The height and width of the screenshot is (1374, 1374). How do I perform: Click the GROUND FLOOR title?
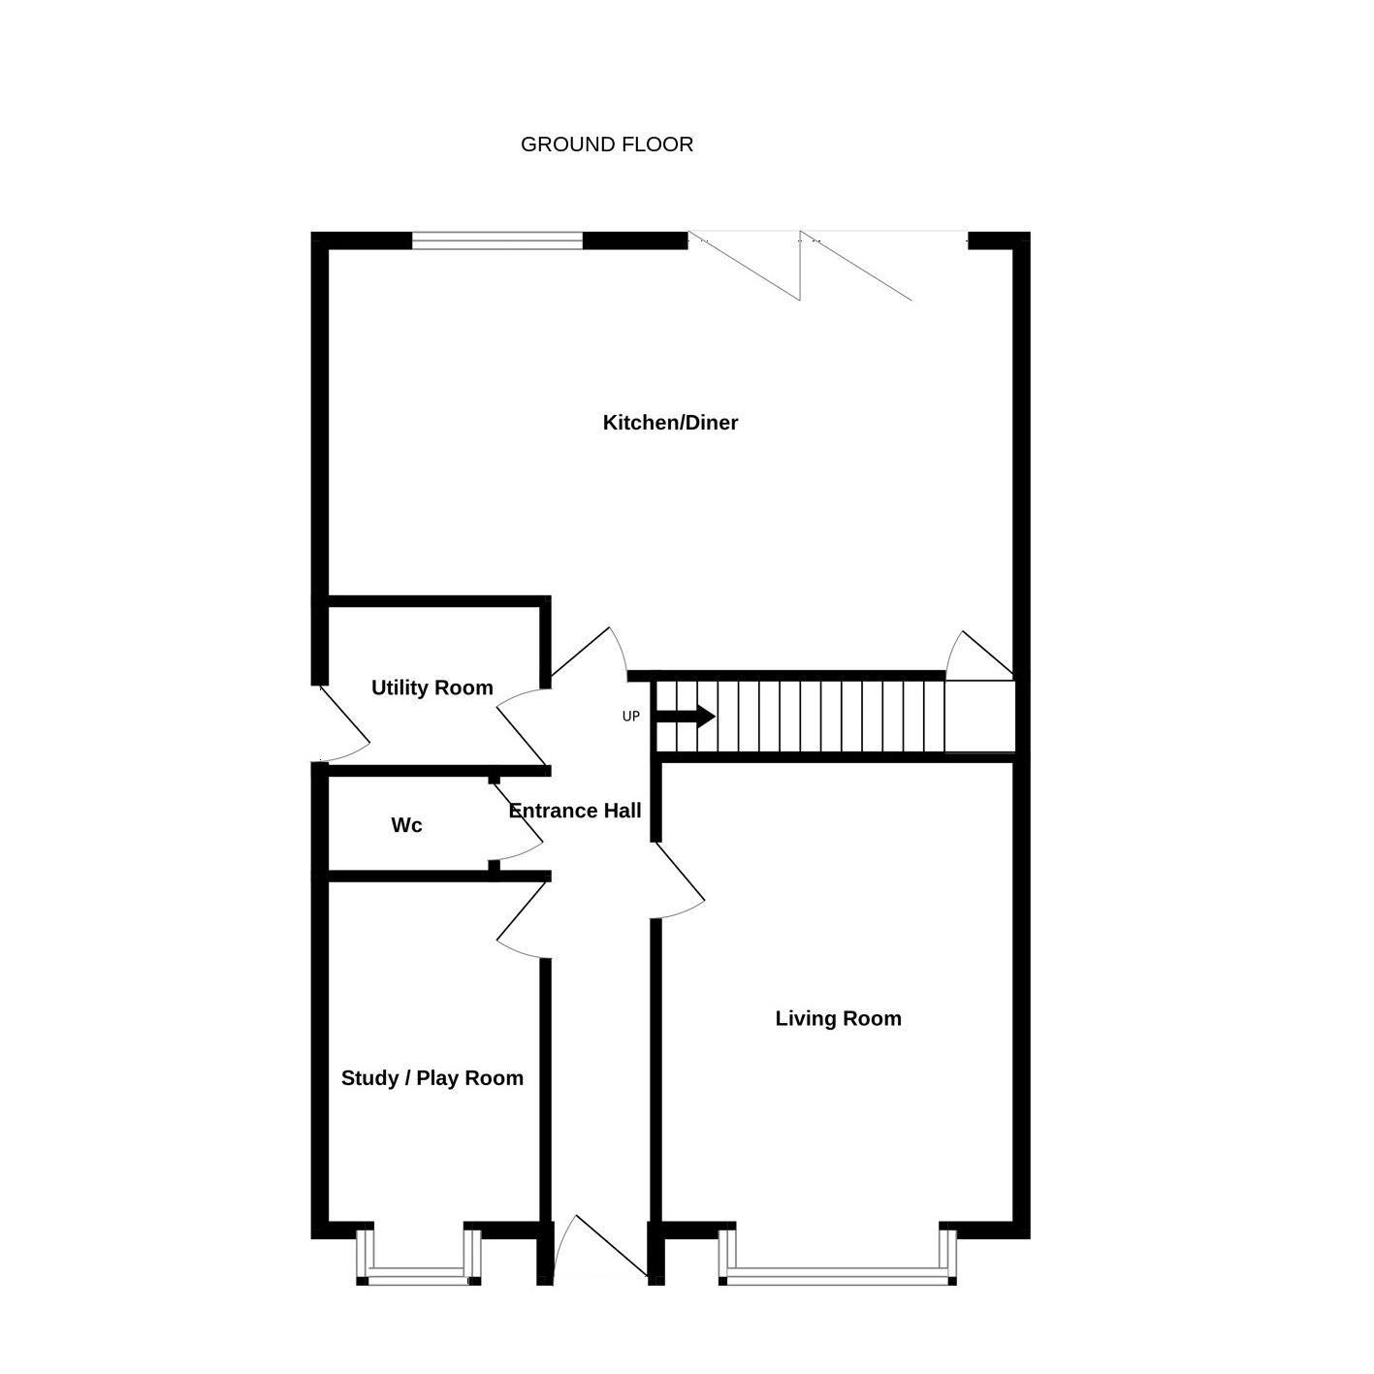(x=607, y=144)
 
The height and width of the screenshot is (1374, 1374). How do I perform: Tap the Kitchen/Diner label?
(x=670, y=423)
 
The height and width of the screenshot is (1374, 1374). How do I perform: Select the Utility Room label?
(x=432, y=687)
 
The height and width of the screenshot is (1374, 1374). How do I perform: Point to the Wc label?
(x=406, y=825)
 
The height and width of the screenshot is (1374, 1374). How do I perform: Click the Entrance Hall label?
(x=575, y=811)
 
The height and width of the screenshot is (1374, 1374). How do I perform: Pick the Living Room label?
(x=839, y=1018)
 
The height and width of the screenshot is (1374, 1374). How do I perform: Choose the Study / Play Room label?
(x=432, y=1078)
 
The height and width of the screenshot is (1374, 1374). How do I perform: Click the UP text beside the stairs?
(x=631, y=717)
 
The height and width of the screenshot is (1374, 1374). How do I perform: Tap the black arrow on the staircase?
(x=686, y=716)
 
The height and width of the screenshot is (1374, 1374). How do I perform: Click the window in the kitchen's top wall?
(x=497, y=241)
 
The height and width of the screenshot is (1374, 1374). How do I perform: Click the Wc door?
(x=516, y=821)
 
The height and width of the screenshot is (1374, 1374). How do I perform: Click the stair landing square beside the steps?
(x=979, y=716)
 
